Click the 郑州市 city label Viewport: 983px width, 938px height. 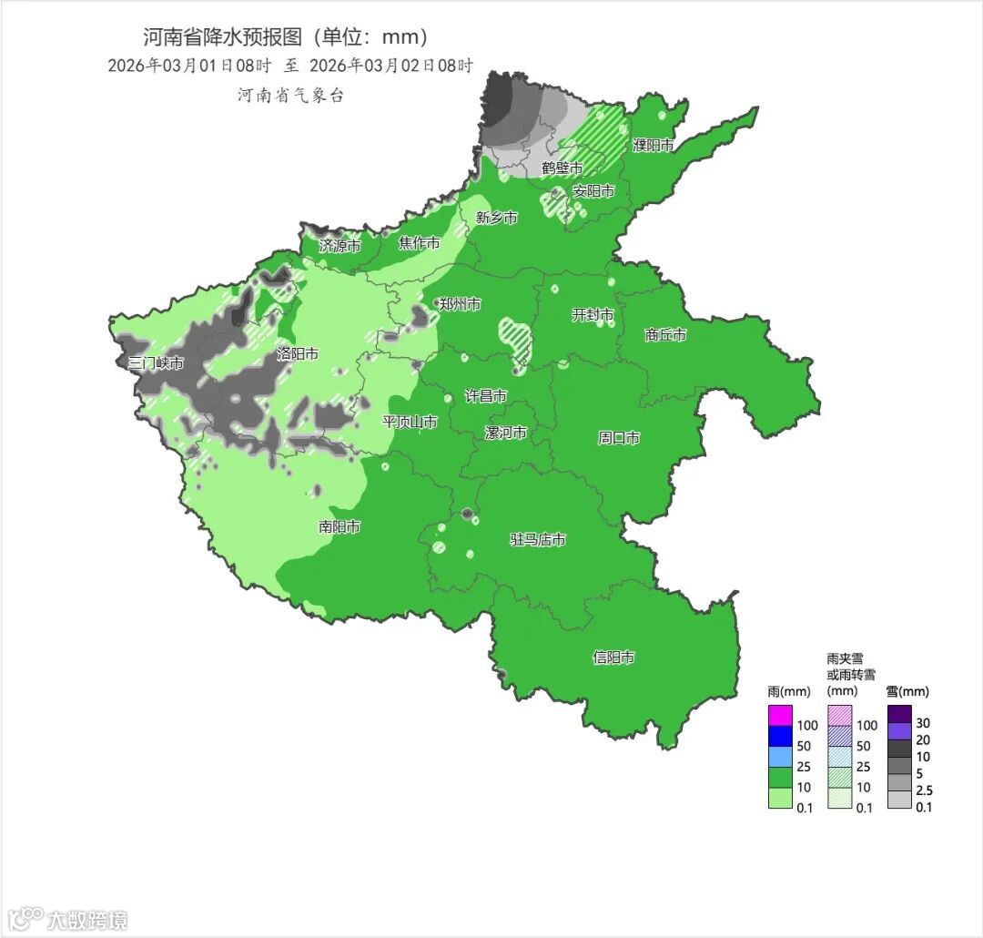coord(460,304)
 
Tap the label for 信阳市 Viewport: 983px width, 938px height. coord(613,658)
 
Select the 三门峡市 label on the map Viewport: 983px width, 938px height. coord(156,363)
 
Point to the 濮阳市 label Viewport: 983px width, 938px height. coord(654,146)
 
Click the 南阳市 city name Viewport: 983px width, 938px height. coord(339,527)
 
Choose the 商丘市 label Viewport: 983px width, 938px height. coord(665,335)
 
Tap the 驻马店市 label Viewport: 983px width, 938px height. coord(537,540)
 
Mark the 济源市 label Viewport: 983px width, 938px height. coord(339,246)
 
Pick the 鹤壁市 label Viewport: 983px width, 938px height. coord(562,168)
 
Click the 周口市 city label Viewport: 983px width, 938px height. coord(619,438)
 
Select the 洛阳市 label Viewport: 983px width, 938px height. coord(298,354)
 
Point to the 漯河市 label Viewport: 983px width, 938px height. coord(505,433)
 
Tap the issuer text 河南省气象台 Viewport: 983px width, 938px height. coord(291,96)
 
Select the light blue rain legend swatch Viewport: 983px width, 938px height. coord(781,756)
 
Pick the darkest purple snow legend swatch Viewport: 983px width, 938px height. coord(899,713)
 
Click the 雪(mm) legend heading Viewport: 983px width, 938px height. coord(907,692)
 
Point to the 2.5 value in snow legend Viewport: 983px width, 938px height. coord(925,790)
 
